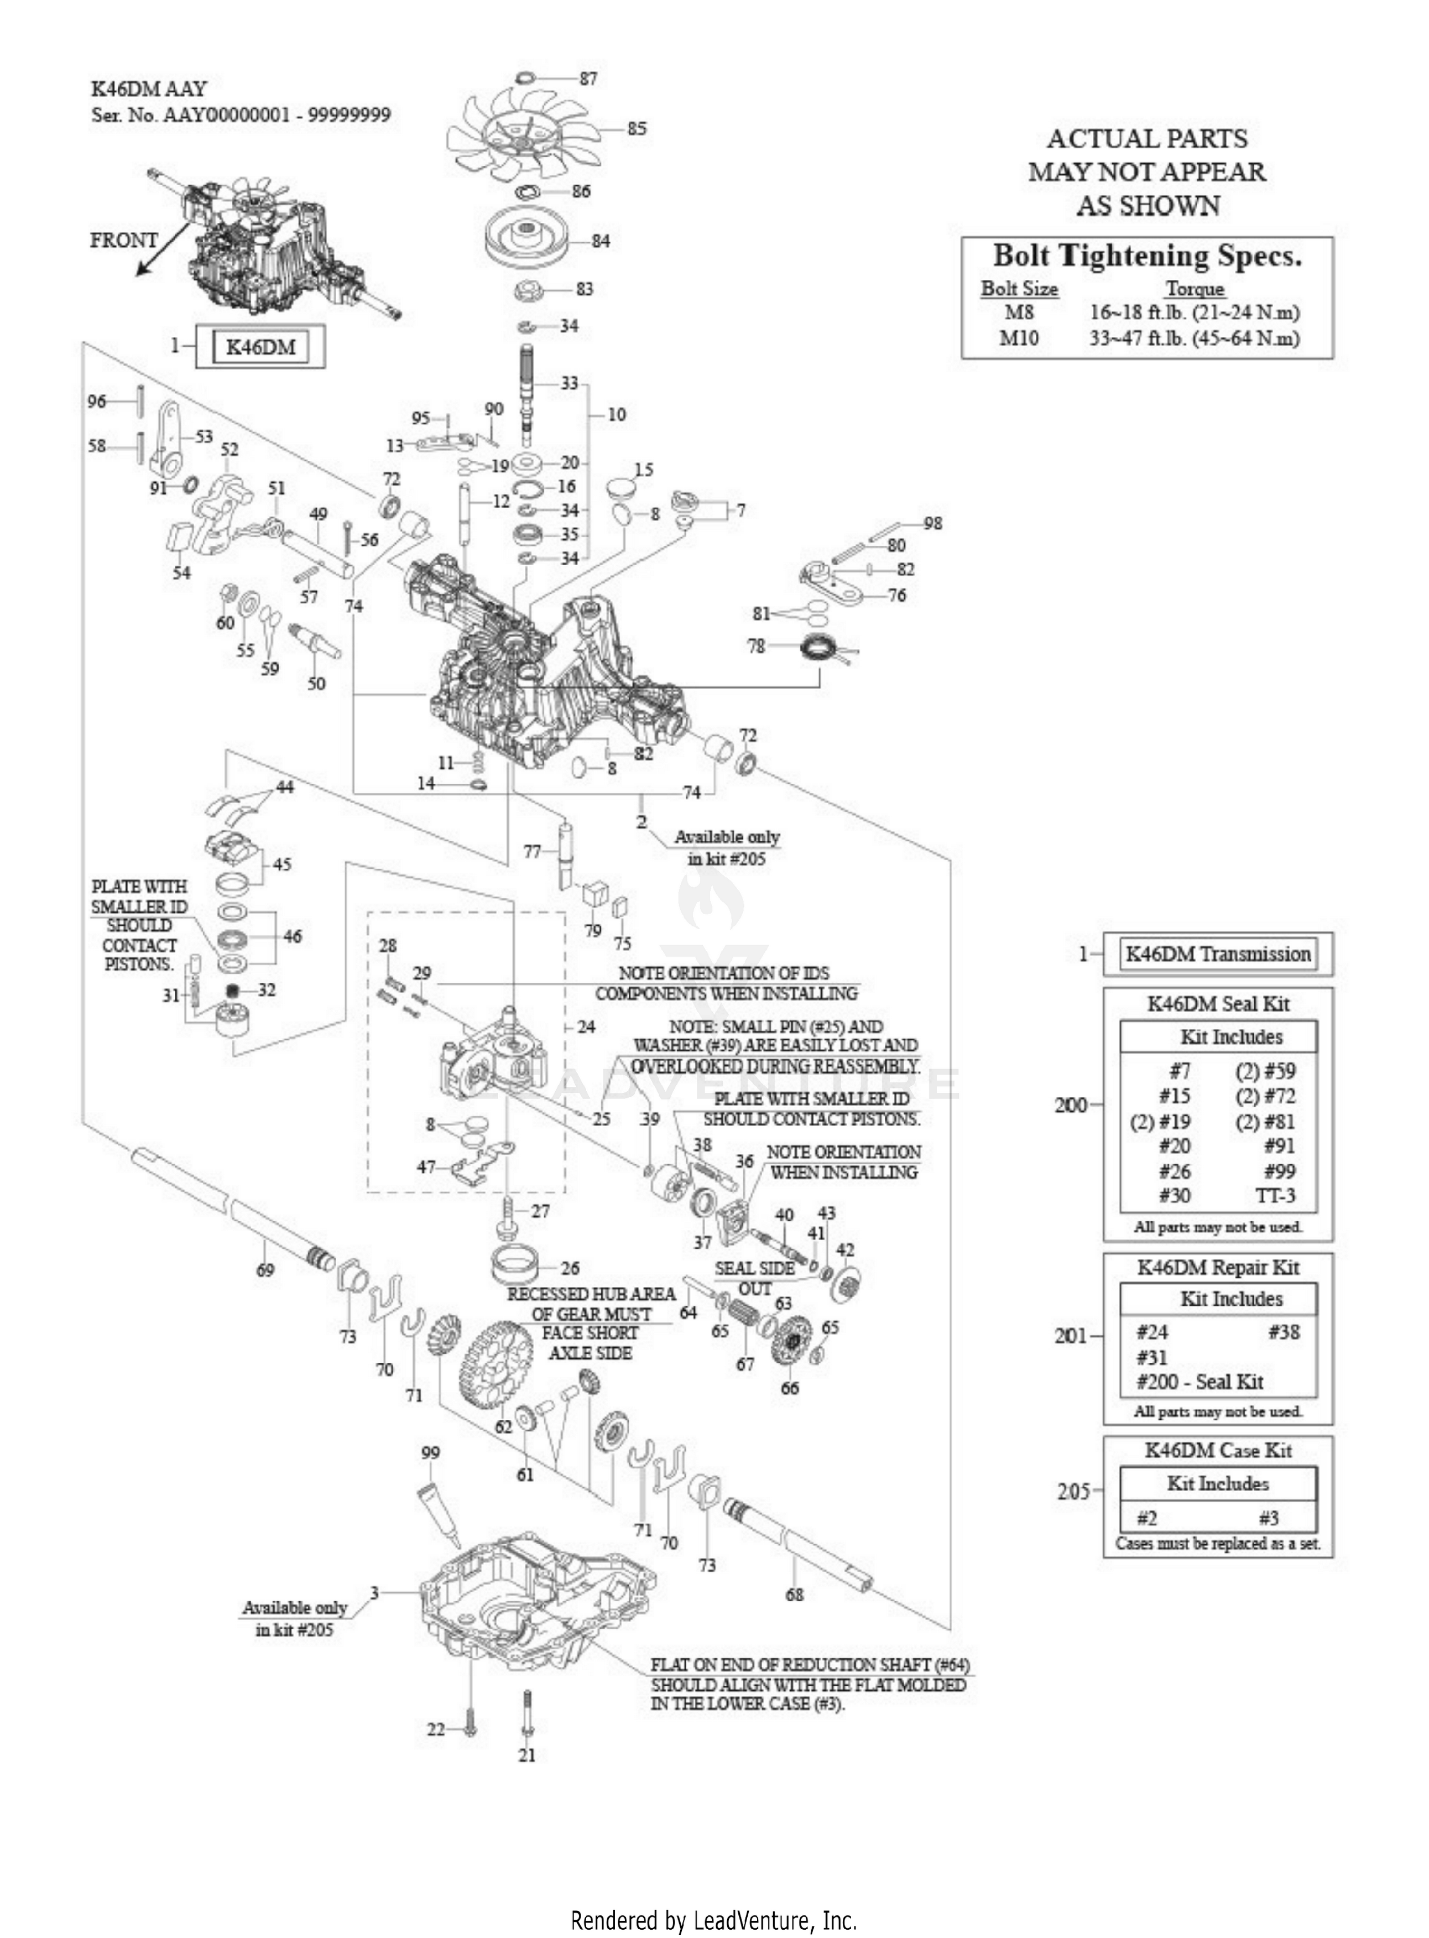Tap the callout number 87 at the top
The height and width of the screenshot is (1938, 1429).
[588, 79]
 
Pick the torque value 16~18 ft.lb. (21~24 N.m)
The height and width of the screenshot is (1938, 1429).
[1195, 312]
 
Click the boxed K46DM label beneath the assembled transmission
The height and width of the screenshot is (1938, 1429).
[260, 347]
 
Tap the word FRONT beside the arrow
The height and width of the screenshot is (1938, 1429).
[124, 239]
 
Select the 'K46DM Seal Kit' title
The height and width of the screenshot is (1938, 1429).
[1218, 1004]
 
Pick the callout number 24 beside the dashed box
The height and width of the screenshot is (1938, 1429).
[587, 1027]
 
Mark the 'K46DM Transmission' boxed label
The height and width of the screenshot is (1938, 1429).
[1217, 954]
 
